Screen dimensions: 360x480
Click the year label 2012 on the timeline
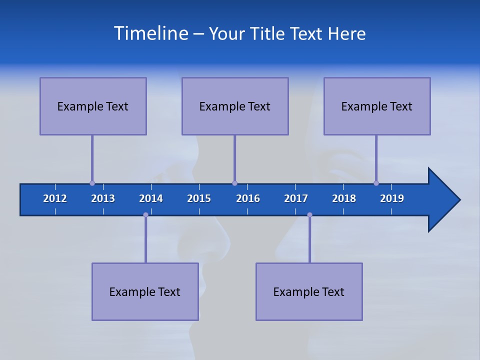pyautogui.click(x=55, y=198)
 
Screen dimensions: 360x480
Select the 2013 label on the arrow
pyautogui.click(x=103, y=198)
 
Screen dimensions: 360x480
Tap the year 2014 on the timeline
pyautogui.click(x=151, y=198)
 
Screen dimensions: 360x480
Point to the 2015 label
pyautogui.click(x=199, y=198)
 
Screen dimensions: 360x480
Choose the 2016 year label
pyautogui.click(x=248, y=198)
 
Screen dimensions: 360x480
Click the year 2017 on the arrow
pyautogui.click(x=296, y=198)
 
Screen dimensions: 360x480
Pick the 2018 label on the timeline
pyautogui.click(x=344, y=198)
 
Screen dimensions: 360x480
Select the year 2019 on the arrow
pyautogui.click(x=392, y=198)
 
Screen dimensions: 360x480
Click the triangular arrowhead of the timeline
pyautogui.click(x=442, y=200)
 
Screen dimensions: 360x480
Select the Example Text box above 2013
pyautogui.click(x=93, y=106)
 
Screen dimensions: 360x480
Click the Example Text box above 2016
pyautogui.click(x=235, y=106)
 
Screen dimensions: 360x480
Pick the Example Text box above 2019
pyautogui.click(x=377, y=106)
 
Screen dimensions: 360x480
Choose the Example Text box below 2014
pyautogui.click(x=145, y=291)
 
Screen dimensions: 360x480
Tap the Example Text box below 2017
pyautogui.click(x=309, y=291)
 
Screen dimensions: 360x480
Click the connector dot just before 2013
pyautogui.click(x=92, y=183)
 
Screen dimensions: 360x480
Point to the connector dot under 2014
pyautogui.click(x=145, y=214)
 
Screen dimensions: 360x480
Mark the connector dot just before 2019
pyautogui.click(x=376, y=183)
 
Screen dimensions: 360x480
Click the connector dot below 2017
pyautogui.click(x=309, y=214)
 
